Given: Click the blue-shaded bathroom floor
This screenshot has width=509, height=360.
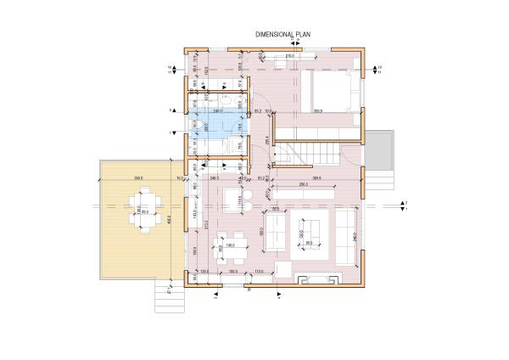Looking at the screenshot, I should [216, 123].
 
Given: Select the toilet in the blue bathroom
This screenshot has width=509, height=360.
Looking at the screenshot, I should [196, 125].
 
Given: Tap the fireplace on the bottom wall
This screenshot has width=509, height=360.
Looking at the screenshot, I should [316, 278].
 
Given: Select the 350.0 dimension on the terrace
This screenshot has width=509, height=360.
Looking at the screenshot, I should [137, 178].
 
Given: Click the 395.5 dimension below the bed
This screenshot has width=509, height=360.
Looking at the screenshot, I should [318, 111].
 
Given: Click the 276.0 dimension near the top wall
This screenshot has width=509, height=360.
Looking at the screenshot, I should [288, 57].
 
